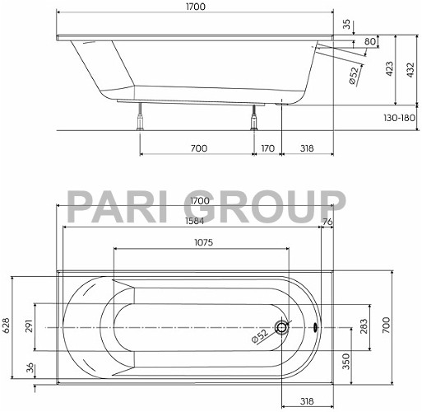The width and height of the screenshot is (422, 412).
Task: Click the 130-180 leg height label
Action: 397,118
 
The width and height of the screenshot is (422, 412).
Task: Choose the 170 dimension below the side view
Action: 267,148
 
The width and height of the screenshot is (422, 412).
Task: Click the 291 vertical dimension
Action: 31,327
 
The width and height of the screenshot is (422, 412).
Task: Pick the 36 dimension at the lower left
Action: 31,368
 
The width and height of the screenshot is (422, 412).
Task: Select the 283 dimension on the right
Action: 363,327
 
